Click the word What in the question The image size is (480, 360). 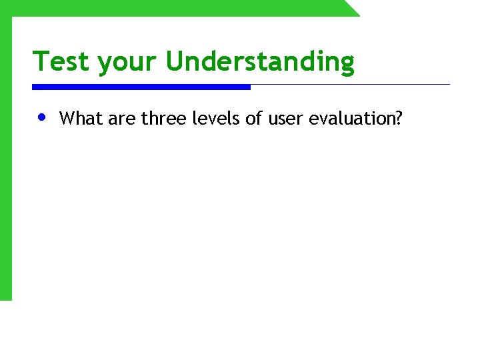78,119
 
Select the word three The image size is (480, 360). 161,119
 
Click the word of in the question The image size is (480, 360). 251,119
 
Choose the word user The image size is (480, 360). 285,119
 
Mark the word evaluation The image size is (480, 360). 351,119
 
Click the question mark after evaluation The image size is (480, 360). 399,119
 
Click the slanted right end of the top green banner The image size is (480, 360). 351,8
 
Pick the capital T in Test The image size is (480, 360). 41,61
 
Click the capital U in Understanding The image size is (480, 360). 175,61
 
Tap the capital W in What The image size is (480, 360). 67,119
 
